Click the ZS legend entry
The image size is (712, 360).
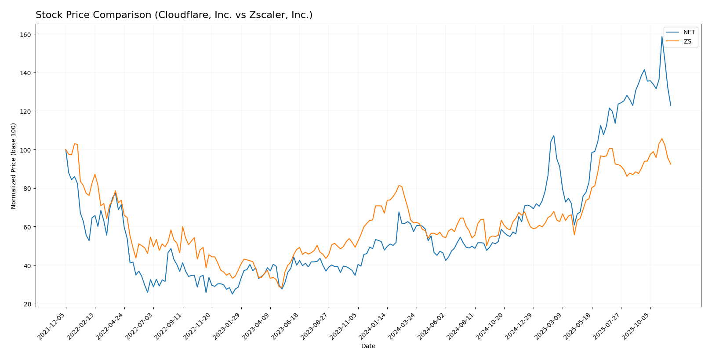[x=687, y=41]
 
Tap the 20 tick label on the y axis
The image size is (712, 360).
[x=27, y=304]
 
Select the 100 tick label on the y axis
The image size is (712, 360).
[x=25, y=150]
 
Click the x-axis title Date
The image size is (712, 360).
[x=368, y=346]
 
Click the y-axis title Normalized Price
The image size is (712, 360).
[x=14, y=166]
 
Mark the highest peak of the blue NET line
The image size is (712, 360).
[x=662, y=36]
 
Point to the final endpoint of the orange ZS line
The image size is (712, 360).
[x=671, y=164]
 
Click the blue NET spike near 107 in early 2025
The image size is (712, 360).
[x=554, y=135]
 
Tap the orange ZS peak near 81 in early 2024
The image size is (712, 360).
[x=399, y=185]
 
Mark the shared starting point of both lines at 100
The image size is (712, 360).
[x=66, y=150]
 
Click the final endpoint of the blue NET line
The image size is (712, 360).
[x=671, y=105]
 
